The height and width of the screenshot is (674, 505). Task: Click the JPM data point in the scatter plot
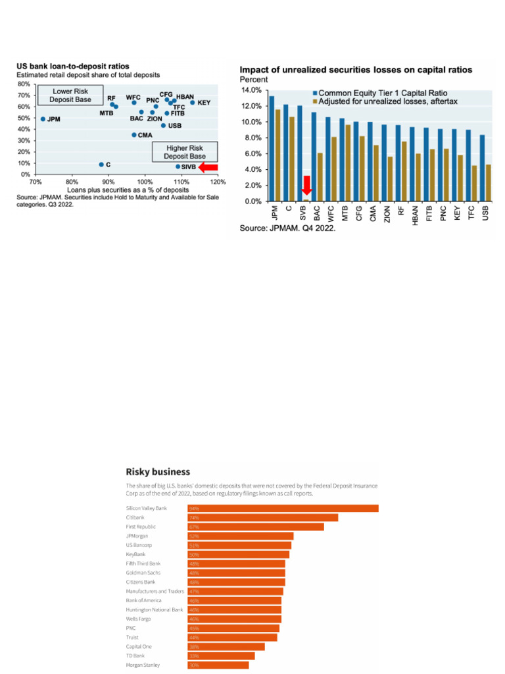pos(43,119)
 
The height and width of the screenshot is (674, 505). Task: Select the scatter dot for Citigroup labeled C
pos(101,165)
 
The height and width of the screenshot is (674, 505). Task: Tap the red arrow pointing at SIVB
pos(208,167)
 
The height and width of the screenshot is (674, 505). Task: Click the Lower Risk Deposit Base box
pos(65,95)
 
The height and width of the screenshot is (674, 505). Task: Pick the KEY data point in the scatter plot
pos(193,103)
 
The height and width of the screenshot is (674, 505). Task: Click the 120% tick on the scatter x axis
pos(218,182)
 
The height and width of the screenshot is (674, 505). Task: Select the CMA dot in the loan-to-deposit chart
pos(134,135)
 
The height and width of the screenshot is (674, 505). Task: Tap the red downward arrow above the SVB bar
pos(306,184)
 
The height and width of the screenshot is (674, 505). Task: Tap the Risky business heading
pos(158,471)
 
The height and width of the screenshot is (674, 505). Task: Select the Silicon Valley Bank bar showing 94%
pos(283,508)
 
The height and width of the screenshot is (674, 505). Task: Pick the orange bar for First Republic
pos(256,527)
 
